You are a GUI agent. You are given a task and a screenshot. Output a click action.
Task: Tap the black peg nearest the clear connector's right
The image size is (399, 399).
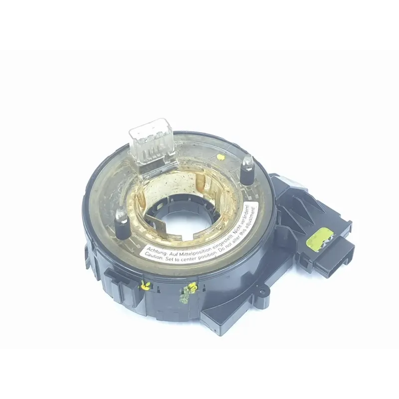pyautogui.click(x=246, y=173)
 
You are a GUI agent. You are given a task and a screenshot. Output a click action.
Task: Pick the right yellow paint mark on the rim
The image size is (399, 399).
pyautogui.click(x=191, y=288)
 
